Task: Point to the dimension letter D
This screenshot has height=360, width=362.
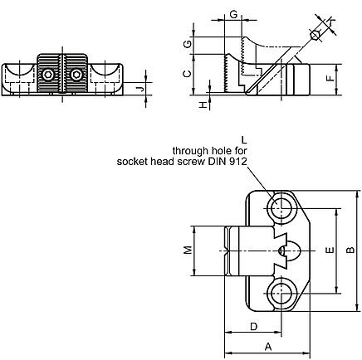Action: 252,326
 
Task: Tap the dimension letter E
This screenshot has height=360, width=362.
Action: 330,249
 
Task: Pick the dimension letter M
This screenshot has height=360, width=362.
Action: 188,249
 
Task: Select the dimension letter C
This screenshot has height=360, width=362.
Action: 189,73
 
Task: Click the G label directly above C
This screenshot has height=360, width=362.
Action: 189,43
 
